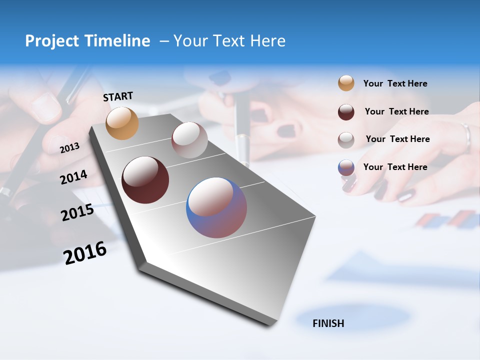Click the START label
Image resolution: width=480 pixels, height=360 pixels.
[x=118, y=96]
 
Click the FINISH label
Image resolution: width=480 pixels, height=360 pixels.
[x=328, y=323]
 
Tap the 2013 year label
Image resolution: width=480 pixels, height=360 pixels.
[x=69, y=148]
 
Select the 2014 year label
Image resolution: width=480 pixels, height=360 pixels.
[x=73, y=177]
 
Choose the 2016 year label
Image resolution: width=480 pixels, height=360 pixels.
[x=85, y=253]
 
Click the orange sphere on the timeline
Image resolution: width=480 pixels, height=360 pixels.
[x=122, y=123]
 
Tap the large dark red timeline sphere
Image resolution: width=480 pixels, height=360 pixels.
[x=145, y=180]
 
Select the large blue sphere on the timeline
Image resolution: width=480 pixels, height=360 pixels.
[x=216, y=207]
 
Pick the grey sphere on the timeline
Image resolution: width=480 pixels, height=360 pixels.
[x=189, y=140]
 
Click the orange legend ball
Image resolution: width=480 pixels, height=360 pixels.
[x=346, y=83]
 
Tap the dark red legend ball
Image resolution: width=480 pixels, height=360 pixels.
[x=346, y=112]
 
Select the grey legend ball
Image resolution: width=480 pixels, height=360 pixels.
[x=346, y=139]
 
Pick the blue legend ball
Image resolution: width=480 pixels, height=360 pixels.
[x=346, y=167]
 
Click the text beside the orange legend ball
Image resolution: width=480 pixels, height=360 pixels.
[x=395, y=83]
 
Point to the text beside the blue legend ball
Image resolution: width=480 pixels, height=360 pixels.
[x=395, y=167]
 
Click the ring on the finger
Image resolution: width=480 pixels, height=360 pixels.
[x=466, y=137]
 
